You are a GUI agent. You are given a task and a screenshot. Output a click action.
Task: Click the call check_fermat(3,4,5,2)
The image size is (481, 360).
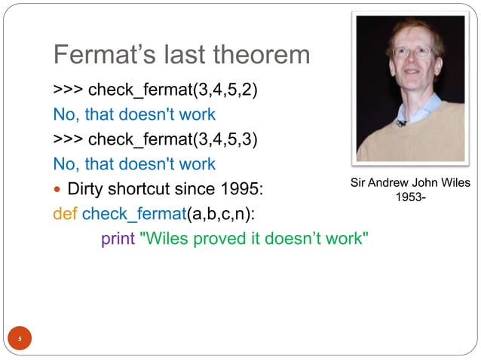[x=173, y=91]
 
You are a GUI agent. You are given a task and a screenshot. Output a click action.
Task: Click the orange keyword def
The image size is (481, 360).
[x=64, y=213]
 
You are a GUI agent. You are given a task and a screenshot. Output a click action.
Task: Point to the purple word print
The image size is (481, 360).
[x=118, y=239]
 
